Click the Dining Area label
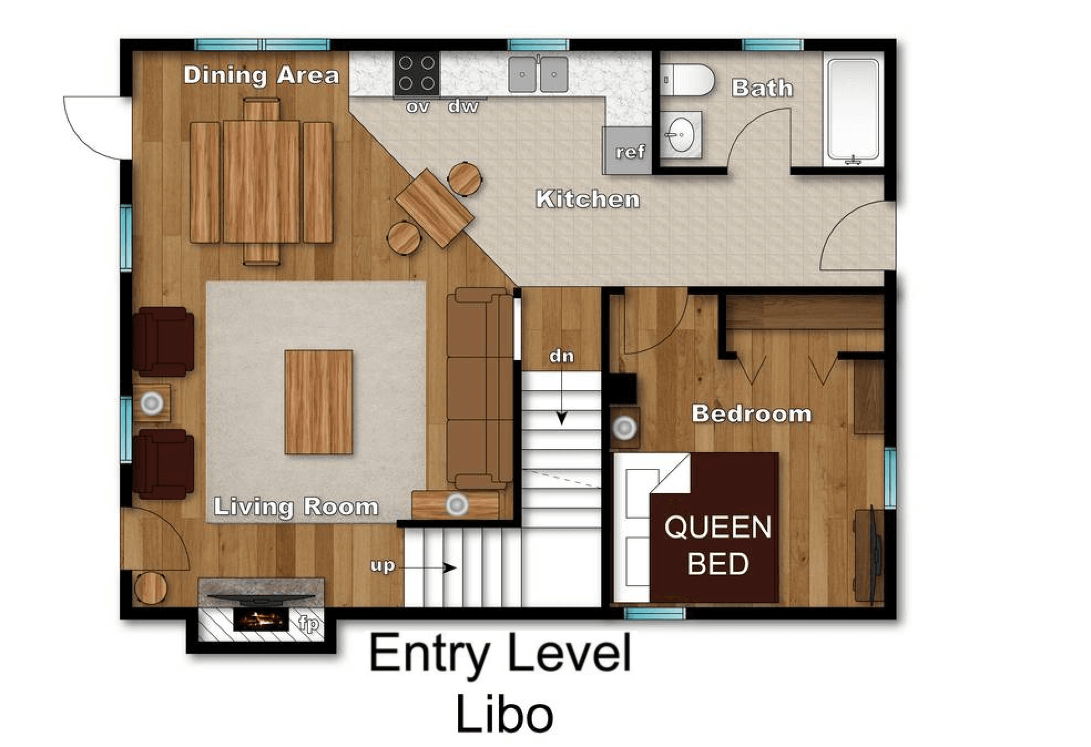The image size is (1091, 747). click(x=261, y=75)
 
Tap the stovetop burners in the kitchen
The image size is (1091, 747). click(x=417, y=73)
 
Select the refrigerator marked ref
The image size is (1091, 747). click(x=628, y=150)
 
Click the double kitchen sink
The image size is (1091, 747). click(x=538, y=74)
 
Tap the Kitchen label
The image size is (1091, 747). click(x=588, y=199)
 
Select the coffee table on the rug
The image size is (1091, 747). click(x=319, y=402)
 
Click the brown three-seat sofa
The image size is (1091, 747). click(x=480, y=388)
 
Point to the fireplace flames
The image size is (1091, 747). click(x=261, y=619)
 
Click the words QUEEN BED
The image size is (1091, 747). click(x=718, y=545)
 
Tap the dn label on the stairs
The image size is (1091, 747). click(x=562, y=356)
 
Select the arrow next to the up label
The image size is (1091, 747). click(x=427, y=567)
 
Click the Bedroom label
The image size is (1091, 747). click(x=752, y=414)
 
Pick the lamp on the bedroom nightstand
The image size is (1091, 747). click(x=625, y=427)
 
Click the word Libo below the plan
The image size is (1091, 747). click(x=504, y=714)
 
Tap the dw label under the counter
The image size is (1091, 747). click(x=463, y=106)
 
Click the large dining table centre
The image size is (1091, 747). click(x=262, y=181)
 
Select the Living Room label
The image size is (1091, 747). click(x=296, y=507)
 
